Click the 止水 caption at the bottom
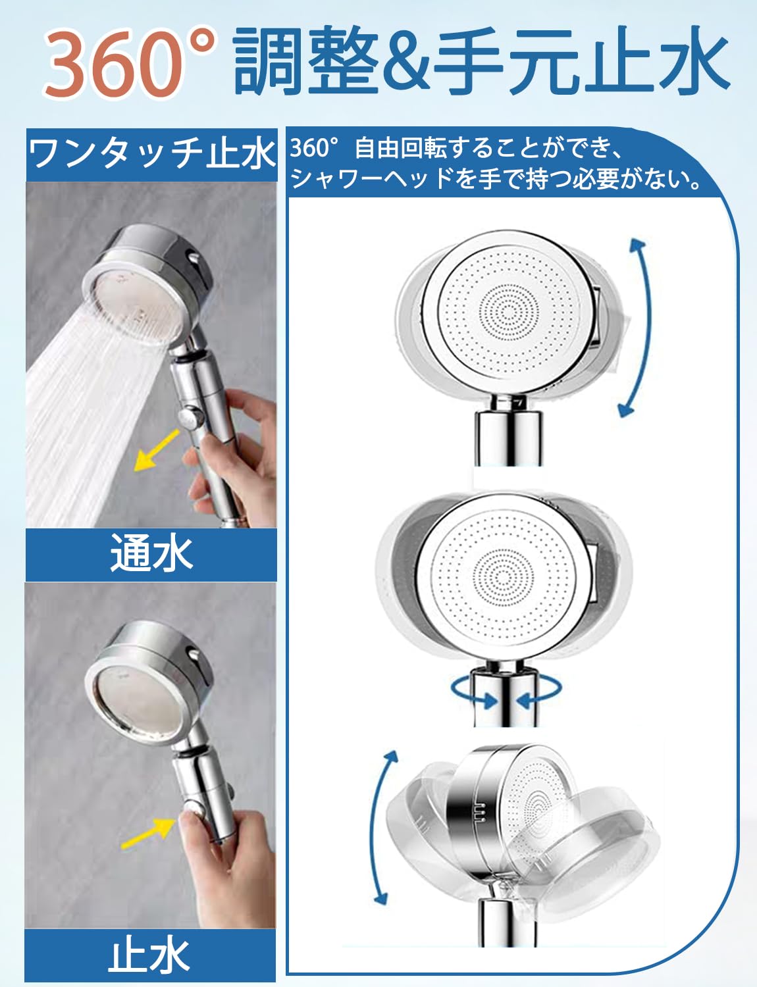coord(150,956)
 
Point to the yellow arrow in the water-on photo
coord(157,451)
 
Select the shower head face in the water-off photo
coord(135,701)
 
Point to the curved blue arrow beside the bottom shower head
coord(382,828)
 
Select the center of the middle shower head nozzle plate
coord(502,577)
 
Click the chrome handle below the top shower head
coord(508,438)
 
